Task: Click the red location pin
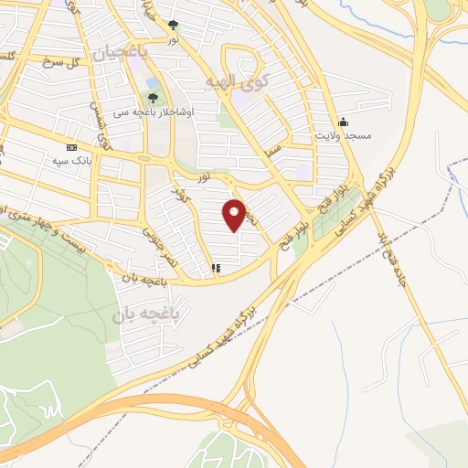(235, 216)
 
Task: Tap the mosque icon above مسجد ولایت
(343, 122)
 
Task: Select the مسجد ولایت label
(345, 135)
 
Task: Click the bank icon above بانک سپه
(72, 148)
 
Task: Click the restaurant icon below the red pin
(216, 269)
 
